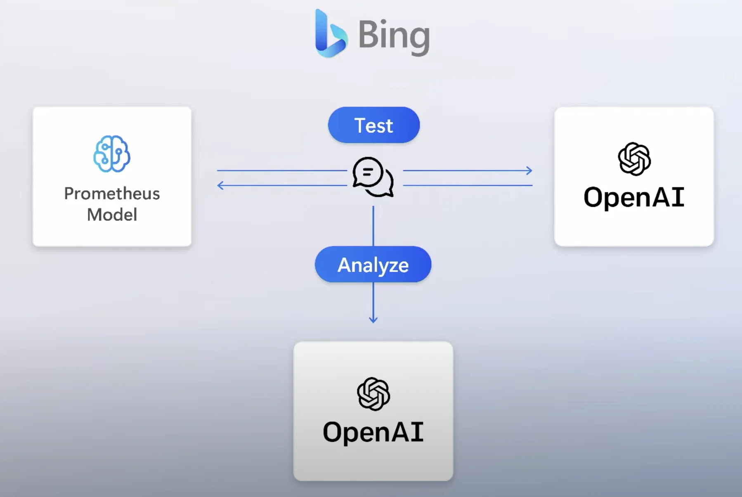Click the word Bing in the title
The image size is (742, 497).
394,35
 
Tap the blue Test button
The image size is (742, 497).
374,125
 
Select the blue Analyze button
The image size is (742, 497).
373,265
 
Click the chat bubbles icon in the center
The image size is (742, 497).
373,177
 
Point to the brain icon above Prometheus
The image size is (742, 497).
112,154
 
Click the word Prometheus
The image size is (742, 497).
112,194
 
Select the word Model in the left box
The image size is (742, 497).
112,215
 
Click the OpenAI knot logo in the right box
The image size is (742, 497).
634,159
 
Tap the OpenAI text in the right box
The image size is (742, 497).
634,197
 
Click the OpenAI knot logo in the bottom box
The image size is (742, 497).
373,394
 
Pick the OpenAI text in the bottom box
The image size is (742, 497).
373,432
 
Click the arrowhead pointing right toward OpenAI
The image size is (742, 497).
529,170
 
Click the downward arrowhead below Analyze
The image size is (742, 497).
373,320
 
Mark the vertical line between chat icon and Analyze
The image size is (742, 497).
373,226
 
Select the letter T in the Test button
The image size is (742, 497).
359,125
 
